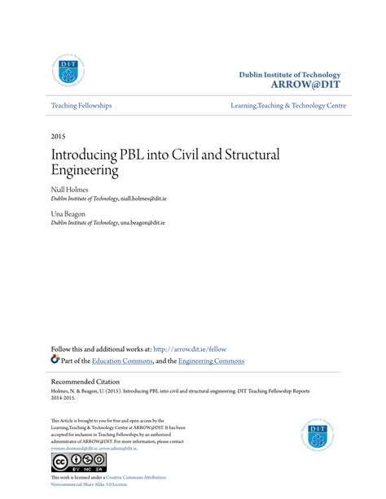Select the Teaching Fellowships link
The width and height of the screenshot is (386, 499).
[81, 106]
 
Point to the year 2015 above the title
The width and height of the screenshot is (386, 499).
[59, 135]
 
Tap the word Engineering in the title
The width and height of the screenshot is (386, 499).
[85, 171]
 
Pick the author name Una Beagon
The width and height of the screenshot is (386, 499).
[71, 213]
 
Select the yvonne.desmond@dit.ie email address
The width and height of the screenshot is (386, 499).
[73, 448]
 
